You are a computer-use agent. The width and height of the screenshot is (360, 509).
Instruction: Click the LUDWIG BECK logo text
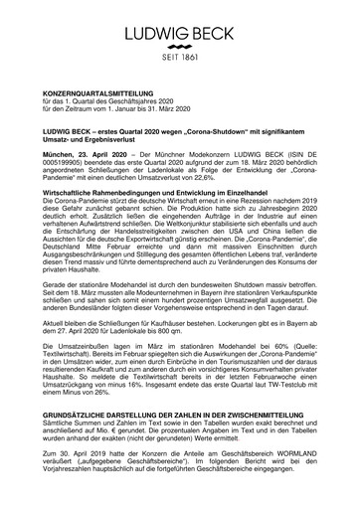tap(181, 21)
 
